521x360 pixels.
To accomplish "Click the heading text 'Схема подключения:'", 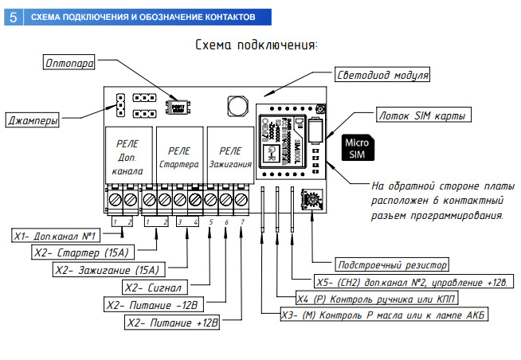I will pyautogui.click(x=257, y=45).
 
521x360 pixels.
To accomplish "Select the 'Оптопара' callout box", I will pyautogui.click(x=71, y=61).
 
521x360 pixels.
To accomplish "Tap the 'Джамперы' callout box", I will pyautogui.click(x=32, y=122).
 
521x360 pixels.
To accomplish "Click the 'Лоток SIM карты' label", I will pyautogui.click(x=422, y=115).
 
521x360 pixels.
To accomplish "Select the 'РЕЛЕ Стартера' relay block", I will pyautogui.click(x=178, y=157).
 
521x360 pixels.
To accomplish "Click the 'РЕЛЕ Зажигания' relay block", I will pyautogui.click(x=230, y=157).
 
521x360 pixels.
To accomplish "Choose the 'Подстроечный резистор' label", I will pyautogui.click(x=393, y=264).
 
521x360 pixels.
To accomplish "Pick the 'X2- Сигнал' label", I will pyautogui.click(x=154, y=287).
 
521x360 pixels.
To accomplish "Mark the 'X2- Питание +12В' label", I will pyautogui.click(x=173, y=323).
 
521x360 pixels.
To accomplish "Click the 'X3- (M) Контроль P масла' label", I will pyautogui.click(x=384, y=315).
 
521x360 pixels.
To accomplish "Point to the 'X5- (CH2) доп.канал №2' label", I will pyautogui.click(x=406, y=282).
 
